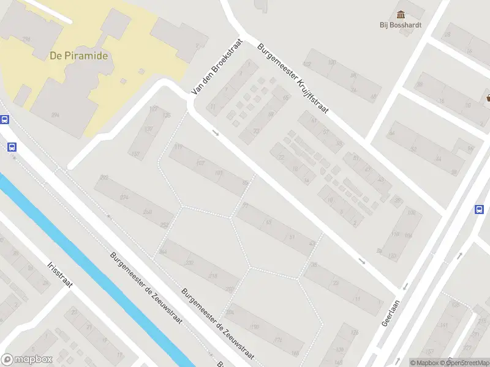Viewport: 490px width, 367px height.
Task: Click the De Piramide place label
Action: tap(78, 56)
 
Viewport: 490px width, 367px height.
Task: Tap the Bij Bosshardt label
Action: tap(401, 25)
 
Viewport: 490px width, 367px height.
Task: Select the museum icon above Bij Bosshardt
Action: tap(401, 14)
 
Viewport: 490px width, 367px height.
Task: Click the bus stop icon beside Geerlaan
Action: tap(479, 210)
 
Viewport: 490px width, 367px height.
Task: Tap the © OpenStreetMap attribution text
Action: tap(466, 363)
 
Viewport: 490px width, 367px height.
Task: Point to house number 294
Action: tap(56, 115)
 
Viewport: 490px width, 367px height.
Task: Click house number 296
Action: tap(26, 39)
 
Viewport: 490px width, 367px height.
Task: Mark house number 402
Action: tap(307, 64)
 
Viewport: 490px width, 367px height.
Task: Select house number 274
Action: tap(124, 197)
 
